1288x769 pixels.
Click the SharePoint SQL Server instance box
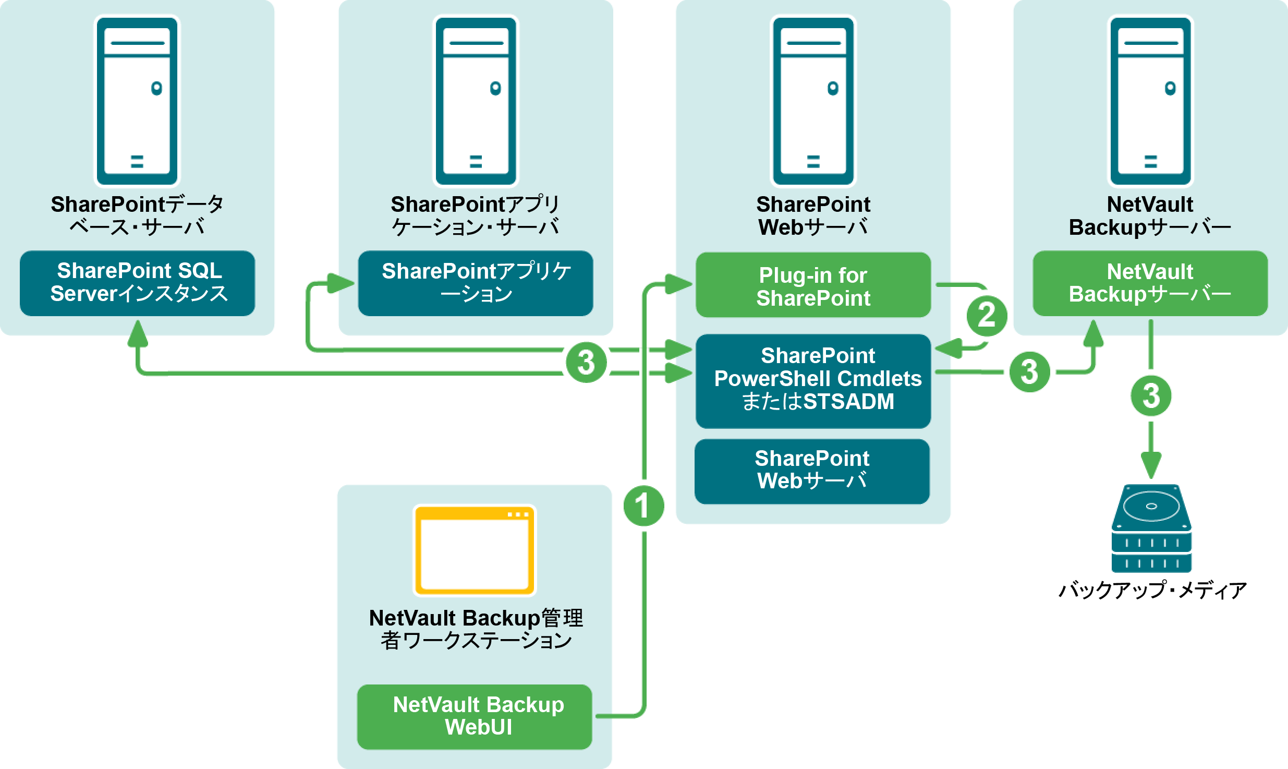tap(137, 283)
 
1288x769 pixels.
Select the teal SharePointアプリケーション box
tap(475, 283)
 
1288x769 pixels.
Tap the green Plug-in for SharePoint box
tap(813, 285)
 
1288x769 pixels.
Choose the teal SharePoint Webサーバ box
tap(812, 471)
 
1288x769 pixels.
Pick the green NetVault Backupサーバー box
tap(1150, 283)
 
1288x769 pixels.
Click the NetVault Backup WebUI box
tap(475, 716)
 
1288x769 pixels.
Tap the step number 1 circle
tap(643, 506)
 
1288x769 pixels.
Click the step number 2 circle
tap(987, 316)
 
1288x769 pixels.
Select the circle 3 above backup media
tap(1151, 395)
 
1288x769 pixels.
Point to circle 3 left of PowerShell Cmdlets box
tap(586, 362)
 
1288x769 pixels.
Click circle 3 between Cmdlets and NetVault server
tap(1029, 371)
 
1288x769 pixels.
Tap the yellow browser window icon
tap(475, 550)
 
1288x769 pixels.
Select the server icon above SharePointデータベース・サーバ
tap(137, 101)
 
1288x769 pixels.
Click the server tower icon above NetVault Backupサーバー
tap(1150, 101)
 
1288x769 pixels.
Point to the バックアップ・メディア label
tap(1152, 591)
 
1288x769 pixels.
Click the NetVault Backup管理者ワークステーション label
tap(476, 629)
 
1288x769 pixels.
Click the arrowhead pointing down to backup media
tap(1151, 465)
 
